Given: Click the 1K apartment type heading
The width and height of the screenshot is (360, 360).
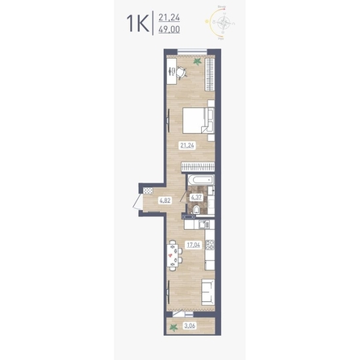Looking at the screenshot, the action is (138, 24).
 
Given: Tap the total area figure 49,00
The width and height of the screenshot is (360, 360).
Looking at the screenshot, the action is (170, 29).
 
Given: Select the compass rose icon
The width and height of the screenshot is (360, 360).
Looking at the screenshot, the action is (224, 23).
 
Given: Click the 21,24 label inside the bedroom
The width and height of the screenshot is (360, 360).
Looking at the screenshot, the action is (187, 146).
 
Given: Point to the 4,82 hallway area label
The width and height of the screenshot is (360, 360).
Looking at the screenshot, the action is (165, 200).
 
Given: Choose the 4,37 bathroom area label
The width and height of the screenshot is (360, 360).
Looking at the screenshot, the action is (196, 198).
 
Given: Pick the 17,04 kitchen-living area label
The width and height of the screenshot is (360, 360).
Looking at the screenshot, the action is (194, 245).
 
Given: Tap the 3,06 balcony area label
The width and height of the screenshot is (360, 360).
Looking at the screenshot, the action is (190, 326).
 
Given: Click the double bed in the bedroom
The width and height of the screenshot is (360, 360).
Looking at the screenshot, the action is (199, 120).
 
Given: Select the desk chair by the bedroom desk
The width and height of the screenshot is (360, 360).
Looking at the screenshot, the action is (182, 72).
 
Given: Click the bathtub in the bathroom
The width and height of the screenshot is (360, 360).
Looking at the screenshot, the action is (201, 180).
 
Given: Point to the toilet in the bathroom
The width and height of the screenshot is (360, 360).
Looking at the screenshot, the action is (197, 210).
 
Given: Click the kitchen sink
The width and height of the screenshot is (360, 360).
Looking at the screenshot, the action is (204, 224).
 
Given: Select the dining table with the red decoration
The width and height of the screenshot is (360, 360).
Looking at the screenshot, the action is (171, 255).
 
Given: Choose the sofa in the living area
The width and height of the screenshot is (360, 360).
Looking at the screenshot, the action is (208, 292).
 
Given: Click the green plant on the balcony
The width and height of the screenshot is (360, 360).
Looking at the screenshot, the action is (174, 328).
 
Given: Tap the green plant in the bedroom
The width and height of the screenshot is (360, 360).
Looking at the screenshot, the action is (197, 61).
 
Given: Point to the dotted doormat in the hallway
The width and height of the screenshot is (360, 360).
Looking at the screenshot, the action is (148, 190).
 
